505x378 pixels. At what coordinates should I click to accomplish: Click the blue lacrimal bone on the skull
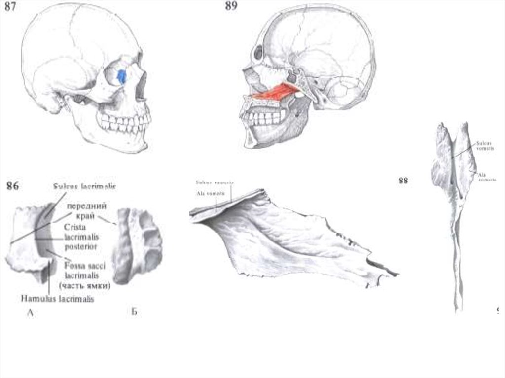[x=122, y=76]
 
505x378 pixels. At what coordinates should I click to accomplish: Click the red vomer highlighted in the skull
[x=276, y=92]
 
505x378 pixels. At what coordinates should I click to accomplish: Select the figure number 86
[x=13, y=186]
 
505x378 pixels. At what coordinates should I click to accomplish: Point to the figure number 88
[x=403, y=181]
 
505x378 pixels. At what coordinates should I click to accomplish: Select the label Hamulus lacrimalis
[x=57, y=298]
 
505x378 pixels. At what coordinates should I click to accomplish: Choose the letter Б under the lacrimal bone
[x=134, y=312]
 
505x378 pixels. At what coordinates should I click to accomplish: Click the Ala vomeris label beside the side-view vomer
[x=207, y=193]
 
